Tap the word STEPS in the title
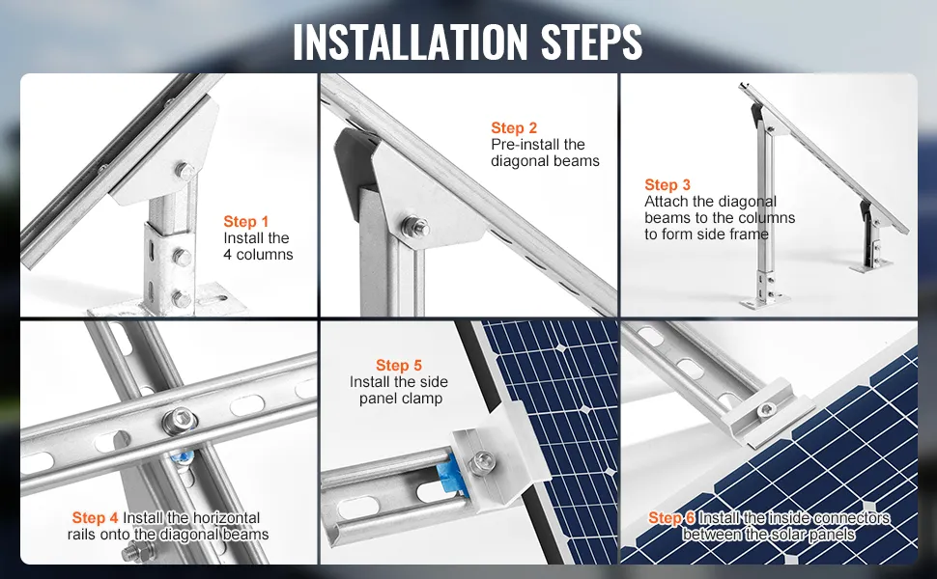tap(591, 41)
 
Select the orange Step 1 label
tap(246, 221)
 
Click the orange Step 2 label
tap(514, 127)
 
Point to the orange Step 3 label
tap(667, 185)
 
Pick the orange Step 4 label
tap(95, 517)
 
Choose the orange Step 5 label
tap(399, 366)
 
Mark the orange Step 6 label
tap(671, 517)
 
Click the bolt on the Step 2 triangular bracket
tap(414, 227)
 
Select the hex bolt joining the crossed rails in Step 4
tap(180, 421)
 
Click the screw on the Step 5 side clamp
tap(480, 462)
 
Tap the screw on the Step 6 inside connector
tap(766, 410)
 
